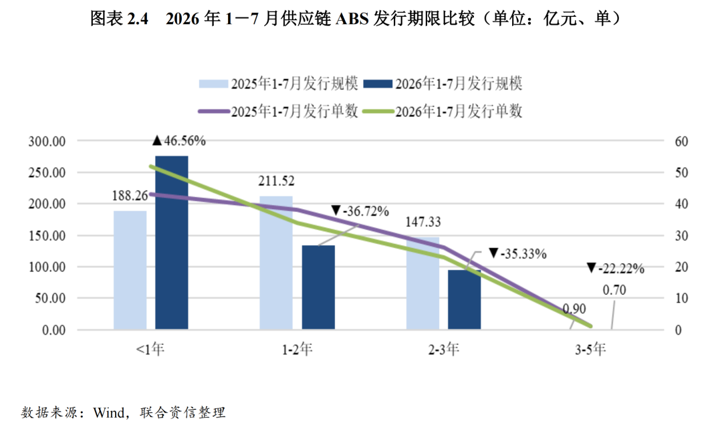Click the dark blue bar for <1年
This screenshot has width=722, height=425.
[171, 243]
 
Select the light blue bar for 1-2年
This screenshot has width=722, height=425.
[276, 263]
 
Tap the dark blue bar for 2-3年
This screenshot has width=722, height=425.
[464, 299]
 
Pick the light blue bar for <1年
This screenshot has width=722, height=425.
[130, 270]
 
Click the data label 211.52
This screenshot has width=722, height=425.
[276, 181]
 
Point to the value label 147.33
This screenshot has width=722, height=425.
[423, 222]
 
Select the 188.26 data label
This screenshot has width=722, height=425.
[130, 196]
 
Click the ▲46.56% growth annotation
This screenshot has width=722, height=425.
[179, 140]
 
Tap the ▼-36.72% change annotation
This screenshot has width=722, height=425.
[360, 211]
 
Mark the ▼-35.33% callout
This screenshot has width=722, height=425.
[517, 254]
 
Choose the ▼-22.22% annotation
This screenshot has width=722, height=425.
[616, 269]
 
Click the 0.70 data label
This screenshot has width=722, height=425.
[614, 290]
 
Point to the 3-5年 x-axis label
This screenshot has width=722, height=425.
[590, 349]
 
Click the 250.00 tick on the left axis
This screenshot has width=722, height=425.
[47, 172]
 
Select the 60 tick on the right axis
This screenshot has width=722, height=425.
[681, 142]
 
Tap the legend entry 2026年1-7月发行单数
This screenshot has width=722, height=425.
[443, 111]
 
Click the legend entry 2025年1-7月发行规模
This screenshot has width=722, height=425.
[279, 84]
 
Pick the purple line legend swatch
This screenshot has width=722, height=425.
[214, 112]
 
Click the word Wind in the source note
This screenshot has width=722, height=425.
[109, 412]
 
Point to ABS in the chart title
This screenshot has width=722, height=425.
[353, 19]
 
